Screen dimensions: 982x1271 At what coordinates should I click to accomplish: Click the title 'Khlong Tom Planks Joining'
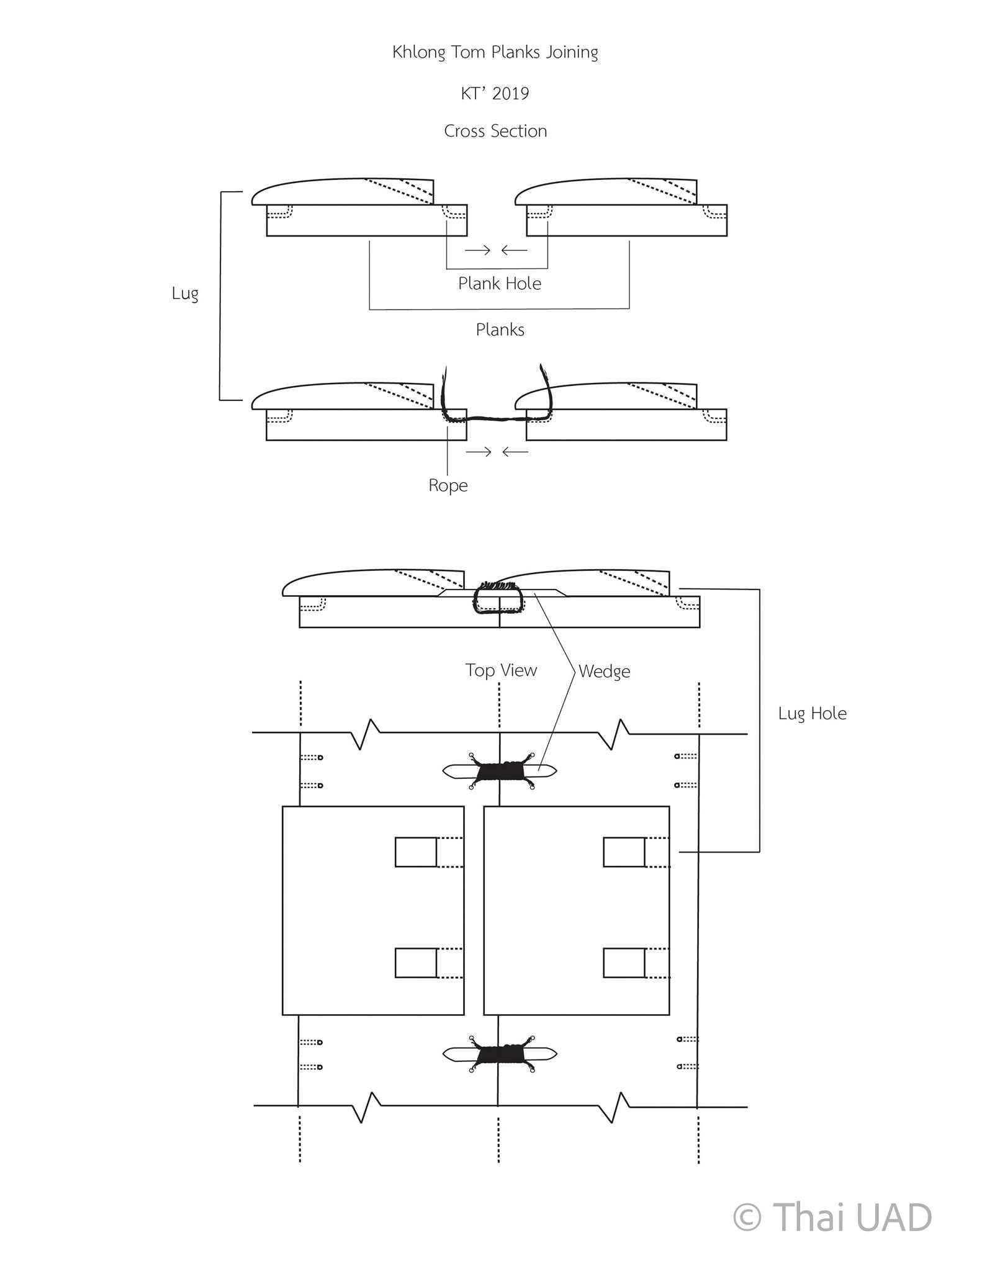pyautogui.click(x=495, y=53)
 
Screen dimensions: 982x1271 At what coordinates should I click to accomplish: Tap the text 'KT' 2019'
pyautogui.click(x=495, y=94)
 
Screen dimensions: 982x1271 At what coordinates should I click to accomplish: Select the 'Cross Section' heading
pyautogui.click(x=495, y=131)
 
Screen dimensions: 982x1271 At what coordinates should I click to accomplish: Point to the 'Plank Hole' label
pyautogui.click(x=500, y=284)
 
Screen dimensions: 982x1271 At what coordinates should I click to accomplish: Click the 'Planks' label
pyautogui.click(x=500, y=330)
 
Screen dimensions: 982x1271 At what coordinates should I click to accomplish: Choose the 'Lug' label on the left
pyautogui.click(x=185, y=294)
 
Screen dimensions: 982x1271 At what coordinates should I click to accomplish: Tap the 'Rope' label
pyautogui.click(x=448, y=485)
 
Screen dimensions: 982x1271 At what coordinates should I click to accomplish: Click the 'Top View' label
pyautogui.click(x=501, y=670)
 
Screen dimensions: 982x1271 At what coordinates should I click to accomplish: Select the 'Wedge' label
pyautogui.click(x=604, y=671)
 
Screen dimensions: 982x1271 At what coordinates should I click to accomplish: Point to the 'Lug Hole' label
pyautogui.click(x=812, y=714)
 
